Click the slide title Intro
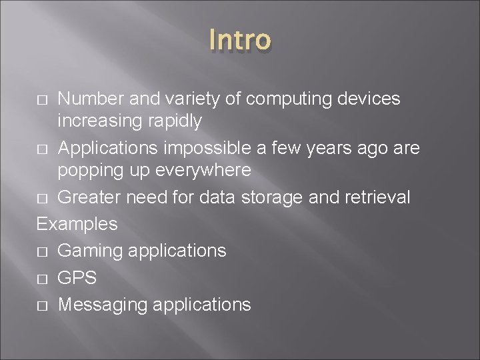tap(240, 39)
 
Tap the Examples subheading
tap(77, 223)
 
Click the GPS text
tap(77, 277)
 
